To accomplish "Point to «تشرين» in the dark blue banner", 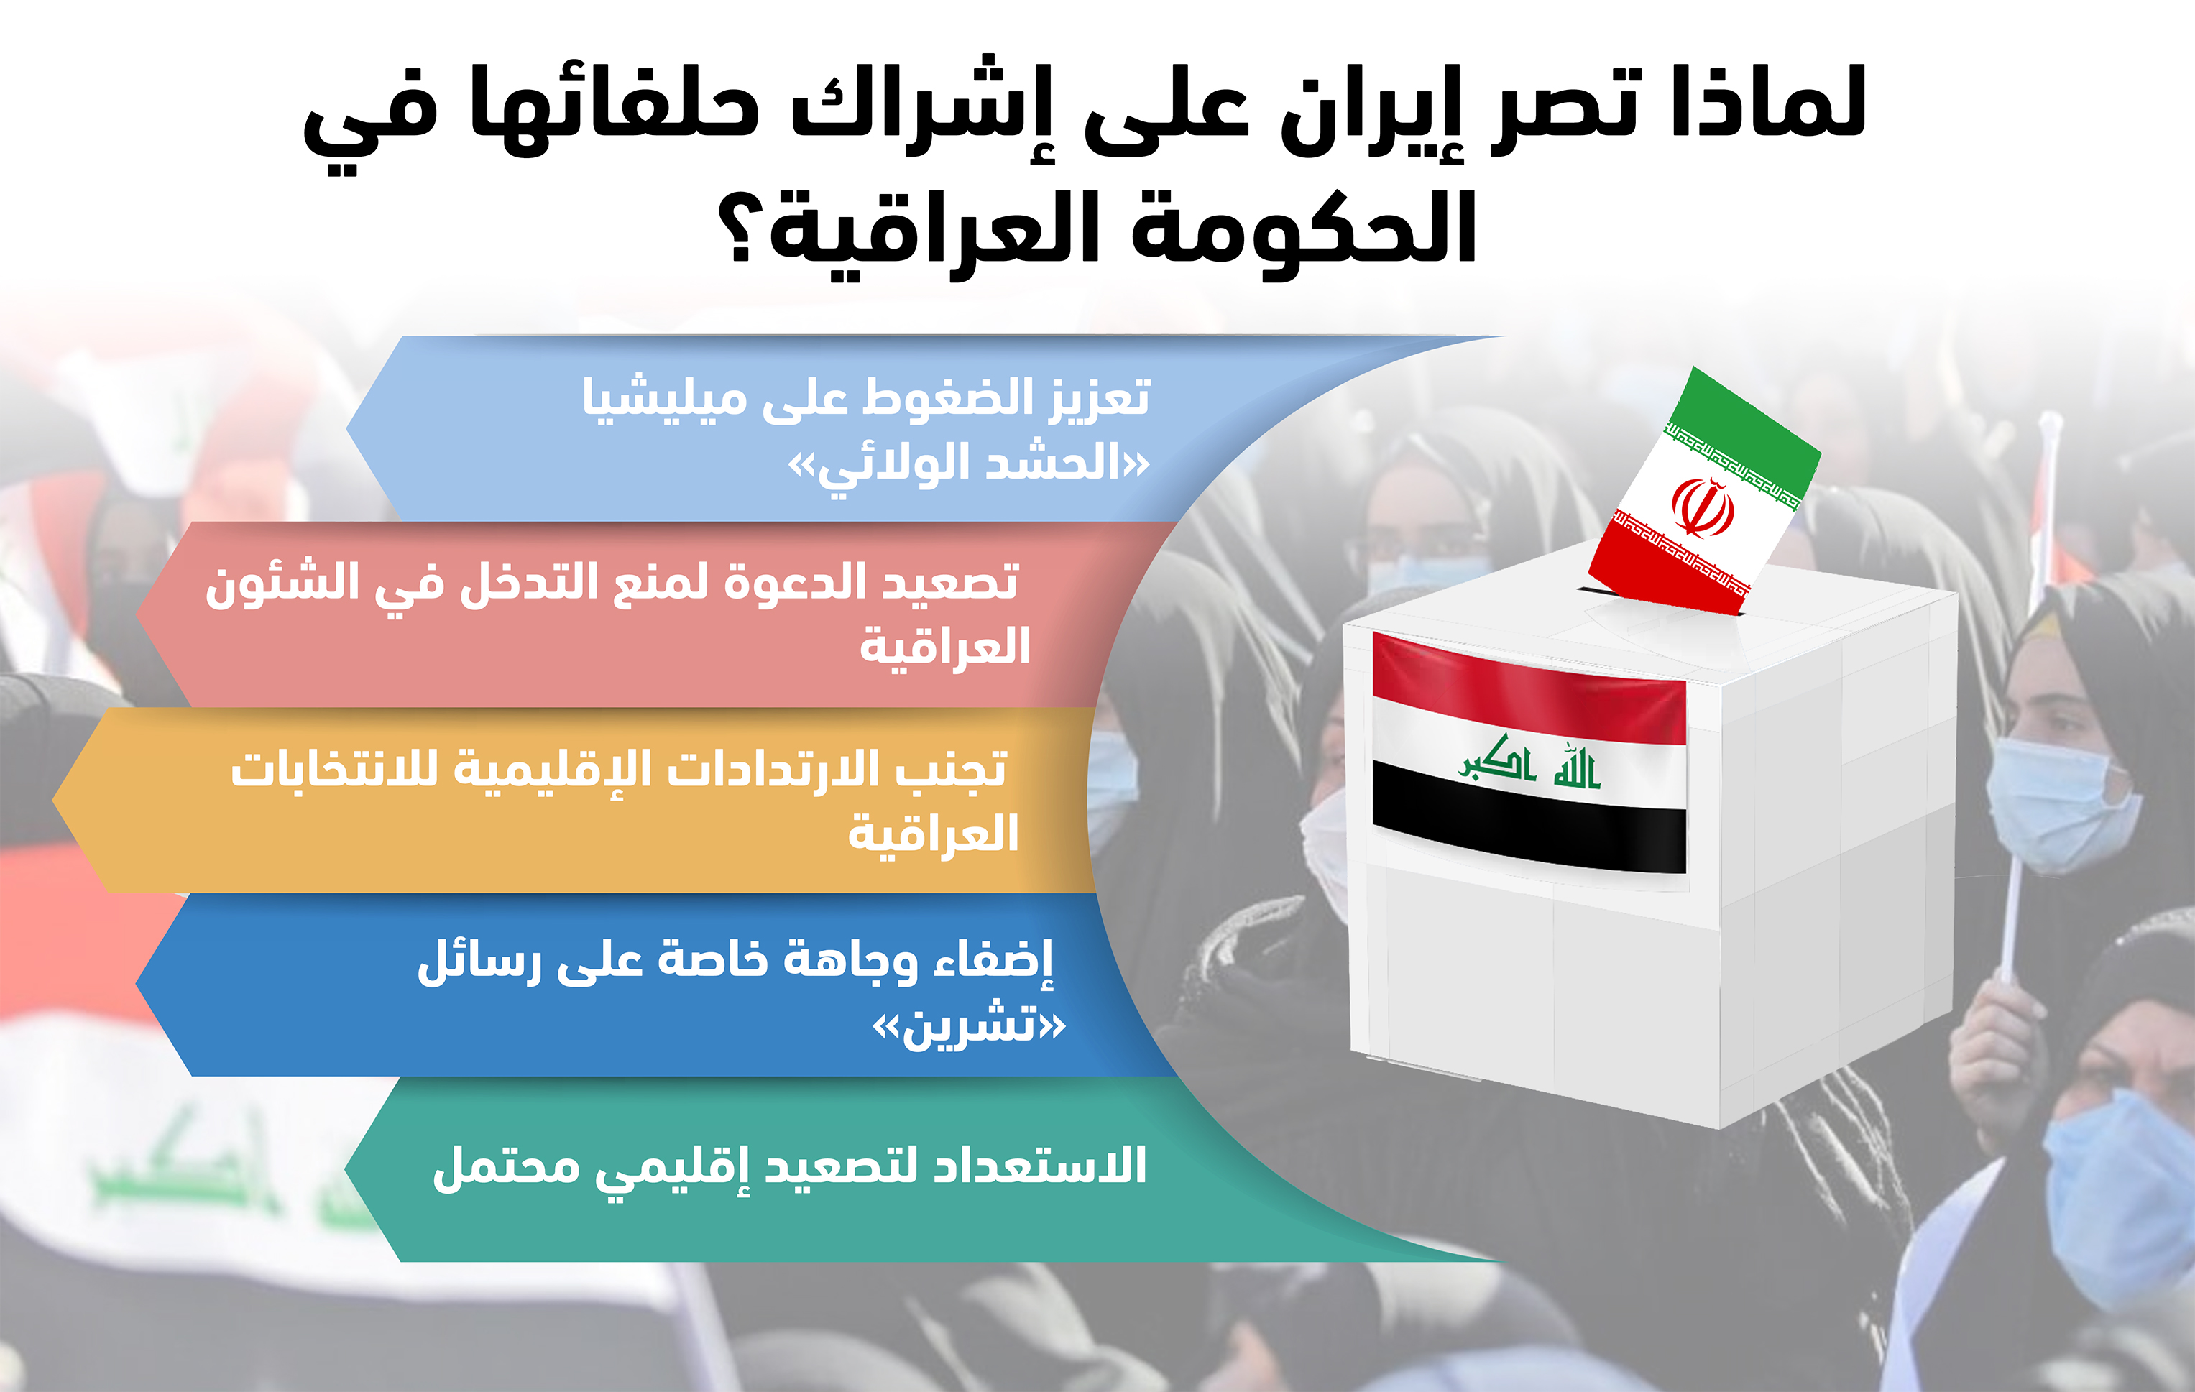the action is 969,1028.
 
